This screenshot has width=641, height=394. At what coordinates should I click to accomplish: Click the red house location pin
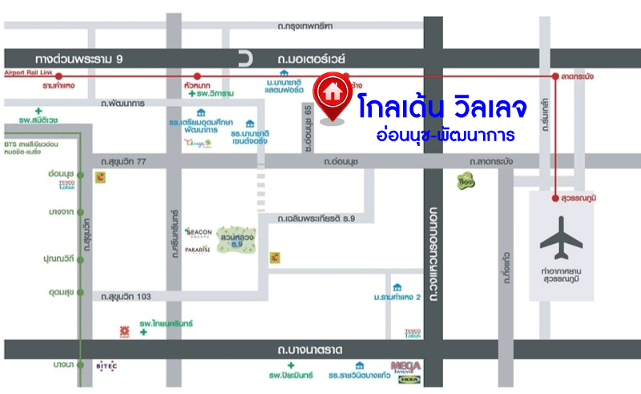click(x=333, y=95)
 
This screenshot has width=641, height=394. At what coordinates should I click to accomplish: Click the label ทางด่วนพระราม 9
click(x=79, y=59)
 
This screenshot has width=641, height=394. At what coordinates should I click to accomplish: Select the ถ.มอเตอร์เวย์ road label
click(x=311, y=59)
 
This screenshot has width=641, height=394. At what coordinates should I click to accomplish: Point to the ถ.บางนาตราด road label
click(x=310, y=350)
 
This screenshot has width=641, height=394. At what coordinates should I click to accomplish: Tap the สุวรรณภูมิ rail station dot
click(x=555, y=196)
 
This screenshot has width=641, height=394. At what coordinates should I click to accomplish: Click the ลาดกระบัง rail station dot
click(x=555, y=76)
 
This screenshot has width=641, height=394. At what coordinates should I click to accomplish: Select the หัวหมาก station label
click(x=196, y=84)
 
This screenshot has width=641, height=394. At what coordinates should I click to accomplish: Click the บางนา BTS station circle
click(x=81, y=365)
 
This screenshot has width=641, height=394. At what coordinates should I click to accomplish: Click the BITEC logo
click(x=107, y=366)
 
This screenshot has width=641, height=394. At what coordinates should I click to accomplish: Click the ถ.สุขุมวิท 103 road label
click(x=126, y=297)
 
